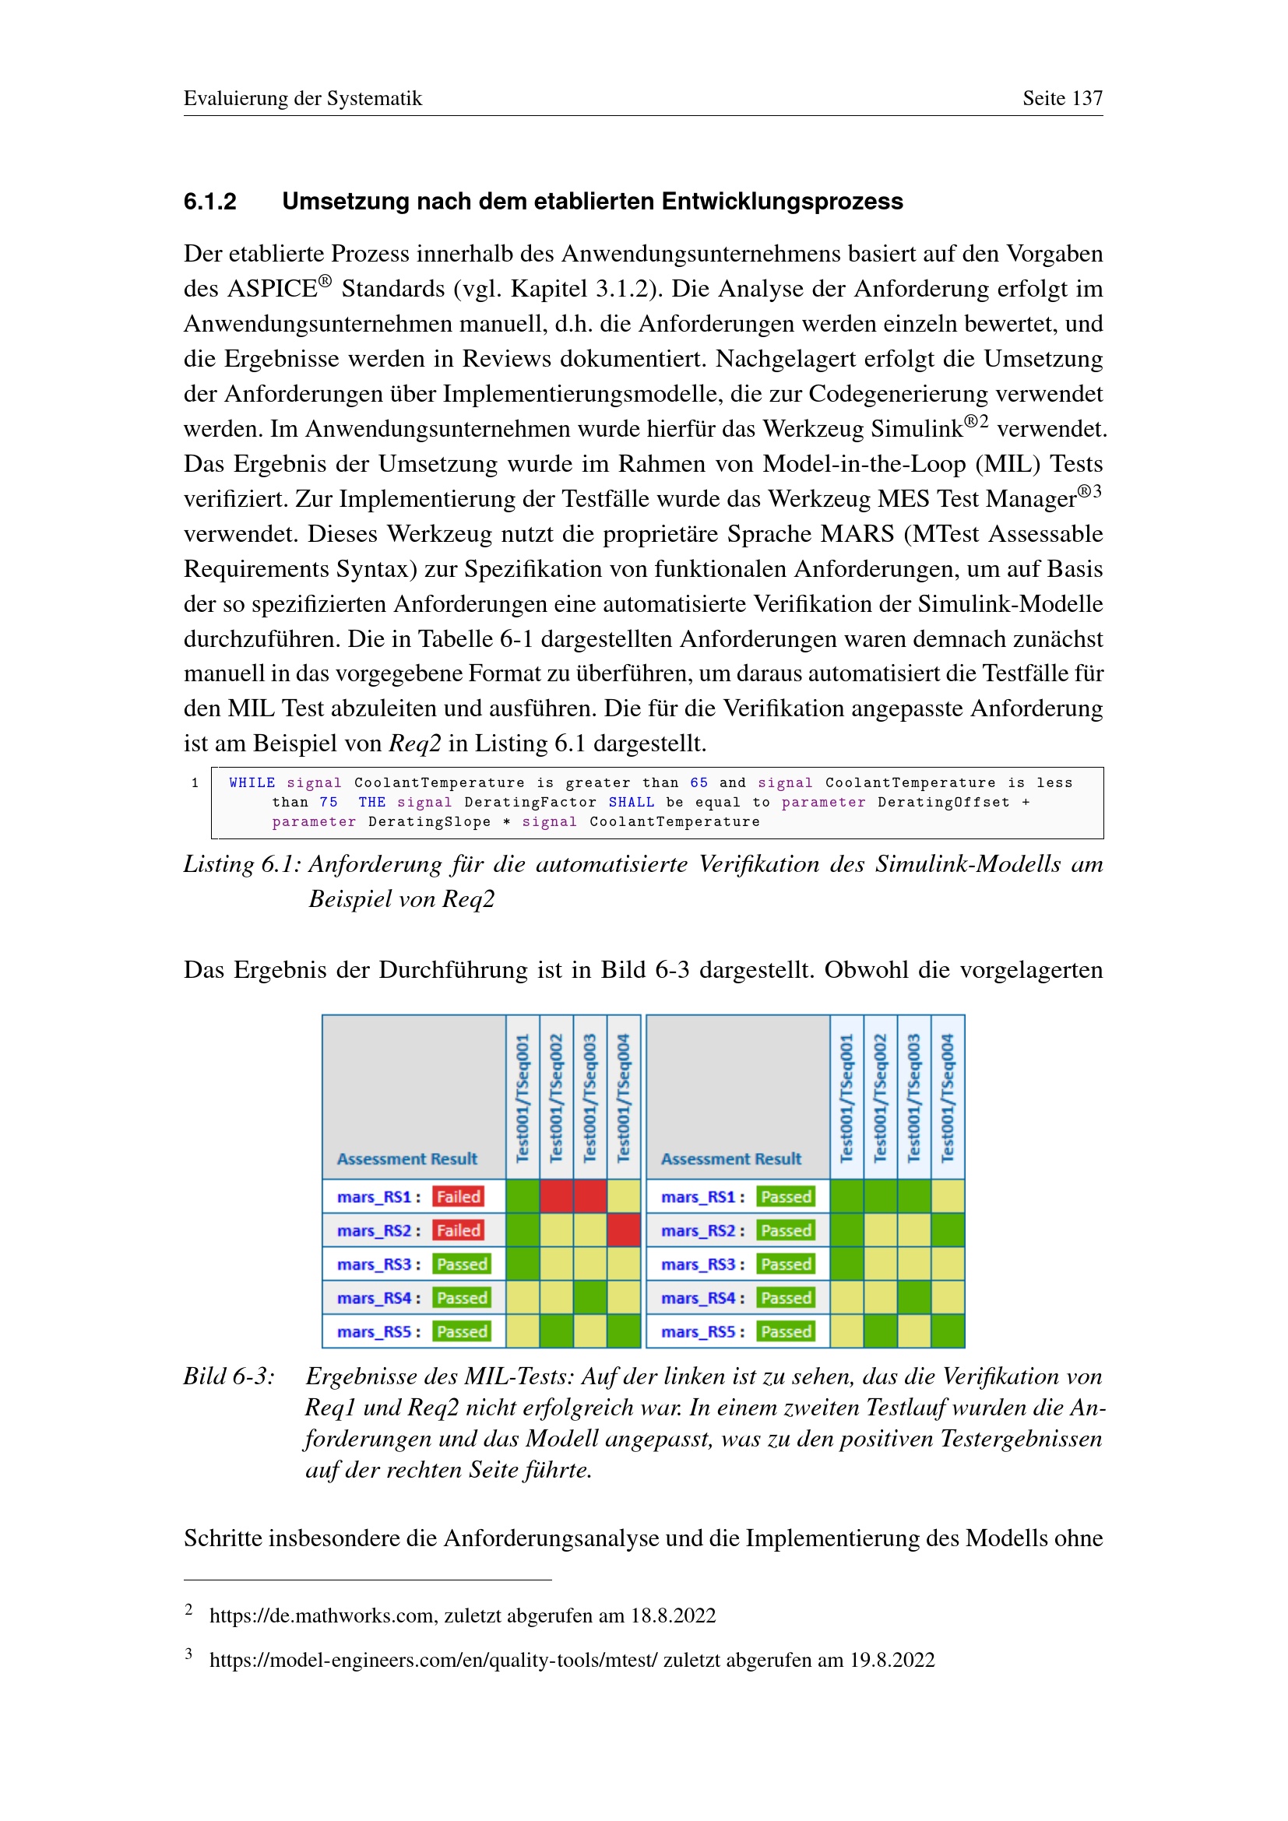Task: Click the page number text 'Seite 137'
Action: [x=1062, y=98]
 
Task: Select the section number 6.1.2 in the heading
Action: [x=209, y=202]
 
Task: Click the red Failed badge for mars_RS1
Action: [x=458, y=1197]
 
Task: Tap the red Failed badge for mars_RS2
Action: [x=458, y=1230]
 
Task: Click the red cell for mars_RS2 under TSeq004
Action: [x=624, y=1230]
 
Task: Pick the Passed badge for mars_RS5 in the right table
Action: [x=785, y=1331]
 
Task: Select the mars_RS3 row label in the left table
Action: [x=375, y=1264]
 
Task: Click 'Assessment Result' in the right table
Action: [x=730, y=1158]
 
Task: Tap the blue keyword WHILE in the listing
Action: [x=252, y=782]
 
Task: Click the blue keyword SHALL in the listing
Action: [x=632, y=803]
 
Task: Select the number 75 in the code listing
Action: [x=329, y=803]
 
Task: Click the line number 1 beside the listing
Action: [x=195, y=782]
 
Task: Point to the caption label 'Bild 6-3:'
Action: [x=228, y=1376]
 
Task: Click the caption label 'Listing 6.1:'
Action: [x=242, y=863]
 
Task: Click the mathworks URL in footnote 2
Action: [x=322, y=1615]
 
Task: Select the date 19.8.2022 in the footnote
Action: [x=892, y=1660]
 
